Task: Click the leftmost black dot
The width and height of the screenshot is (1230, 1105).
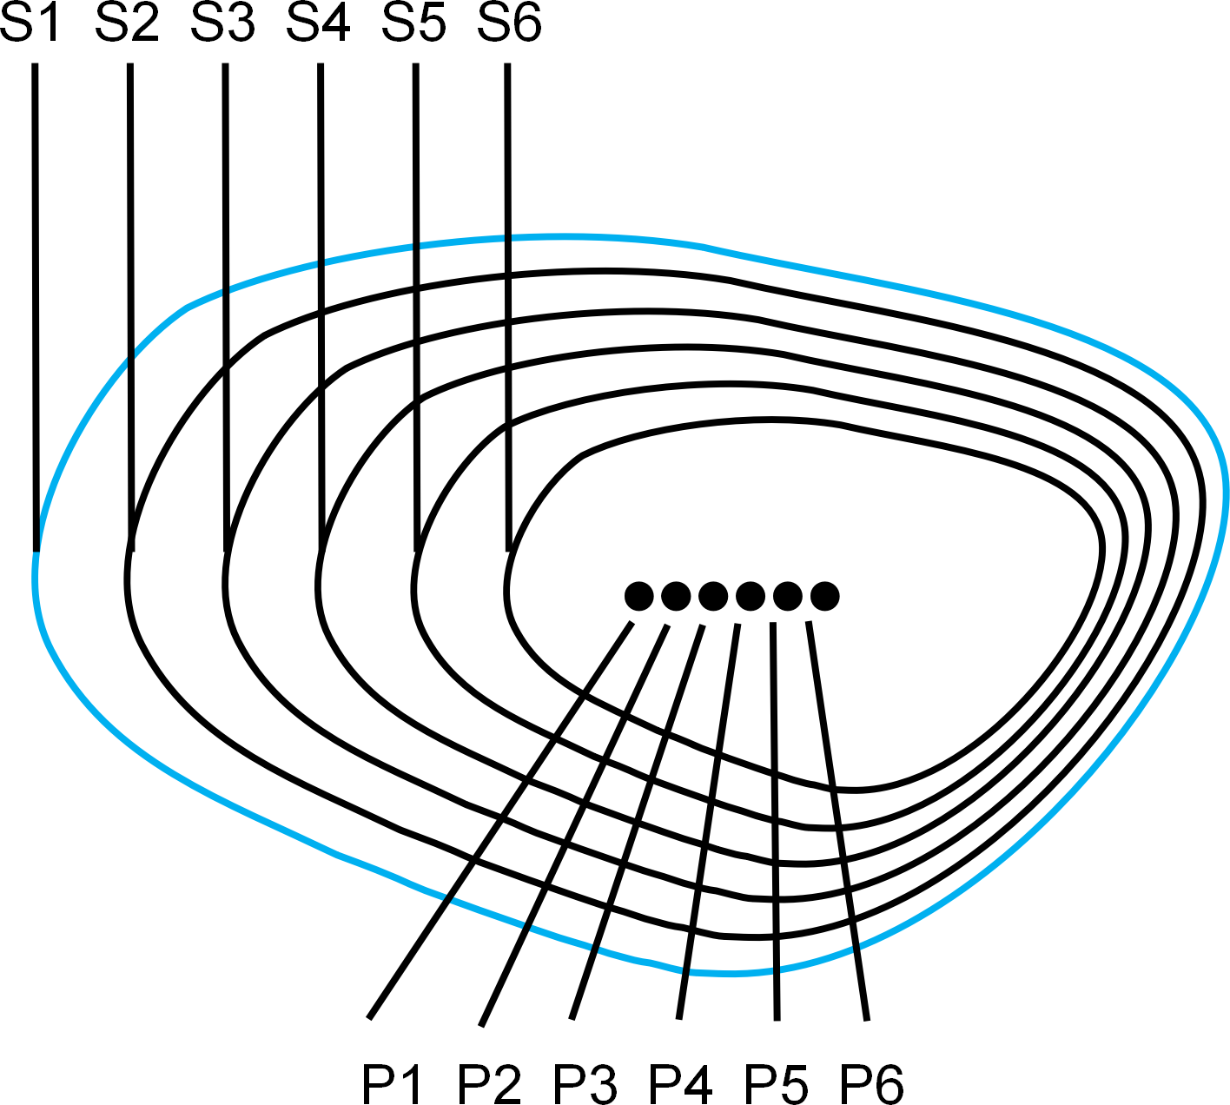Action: [638, 596]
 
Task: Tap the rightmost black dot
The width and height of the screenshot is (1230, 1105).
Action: [824, 596]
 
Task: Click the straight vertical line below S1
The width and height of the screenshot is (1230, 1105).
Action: [36, 308]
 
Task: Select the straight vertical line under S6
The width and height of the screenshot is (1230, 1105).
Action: [508, 308]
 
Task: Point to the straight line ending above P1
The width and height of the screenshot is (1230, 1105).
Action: [500, 820]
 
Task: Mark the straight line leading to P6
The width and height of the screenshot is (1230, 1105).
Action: [838, 821]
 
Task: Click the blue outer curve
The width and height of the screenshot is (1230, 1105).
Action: [704, 247]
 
